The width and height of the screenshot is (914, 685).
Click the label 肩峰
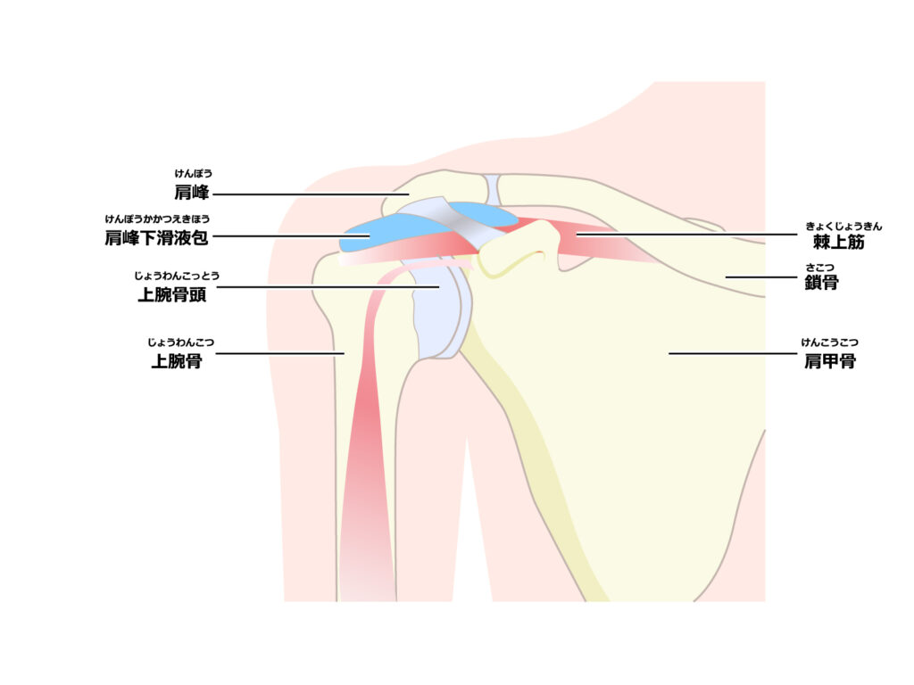click(191, 193)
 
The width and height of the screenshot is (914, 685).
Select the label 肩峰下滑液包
click(156, 237)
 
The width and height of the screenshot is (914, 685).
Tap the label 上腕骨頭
click(172, 294)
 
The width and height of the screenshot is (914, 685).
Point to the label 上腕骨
click(177, 361)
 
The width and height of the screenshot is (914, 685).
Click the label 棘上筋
click(839, 242)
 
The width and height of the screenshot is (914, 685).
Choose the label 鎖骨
click(821, 283)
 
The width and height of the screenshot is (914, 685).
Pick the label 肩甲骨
click(830, 361)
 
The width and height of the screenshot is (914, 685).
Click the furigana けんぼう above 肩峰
click(194, 174)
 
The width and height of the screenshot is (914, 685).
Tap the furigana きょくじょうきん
click(843, 226)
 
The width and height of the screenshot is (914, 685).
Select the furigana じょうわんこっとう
click(177, 276)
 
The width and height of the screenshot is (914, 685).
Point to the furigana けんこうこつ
click(829, 342)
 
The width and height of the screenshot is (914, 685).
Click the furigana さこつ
click(820, 268)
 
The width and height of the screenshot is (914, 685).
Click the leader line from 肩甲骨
click(733, 353)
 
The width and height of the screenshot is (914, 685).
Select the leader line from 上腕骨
click(279, 353)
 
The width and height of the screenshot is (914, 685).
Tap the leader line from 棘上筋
click(686, 235)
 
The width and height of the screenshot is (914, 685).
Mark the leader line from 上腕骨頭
click(328, 286)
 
